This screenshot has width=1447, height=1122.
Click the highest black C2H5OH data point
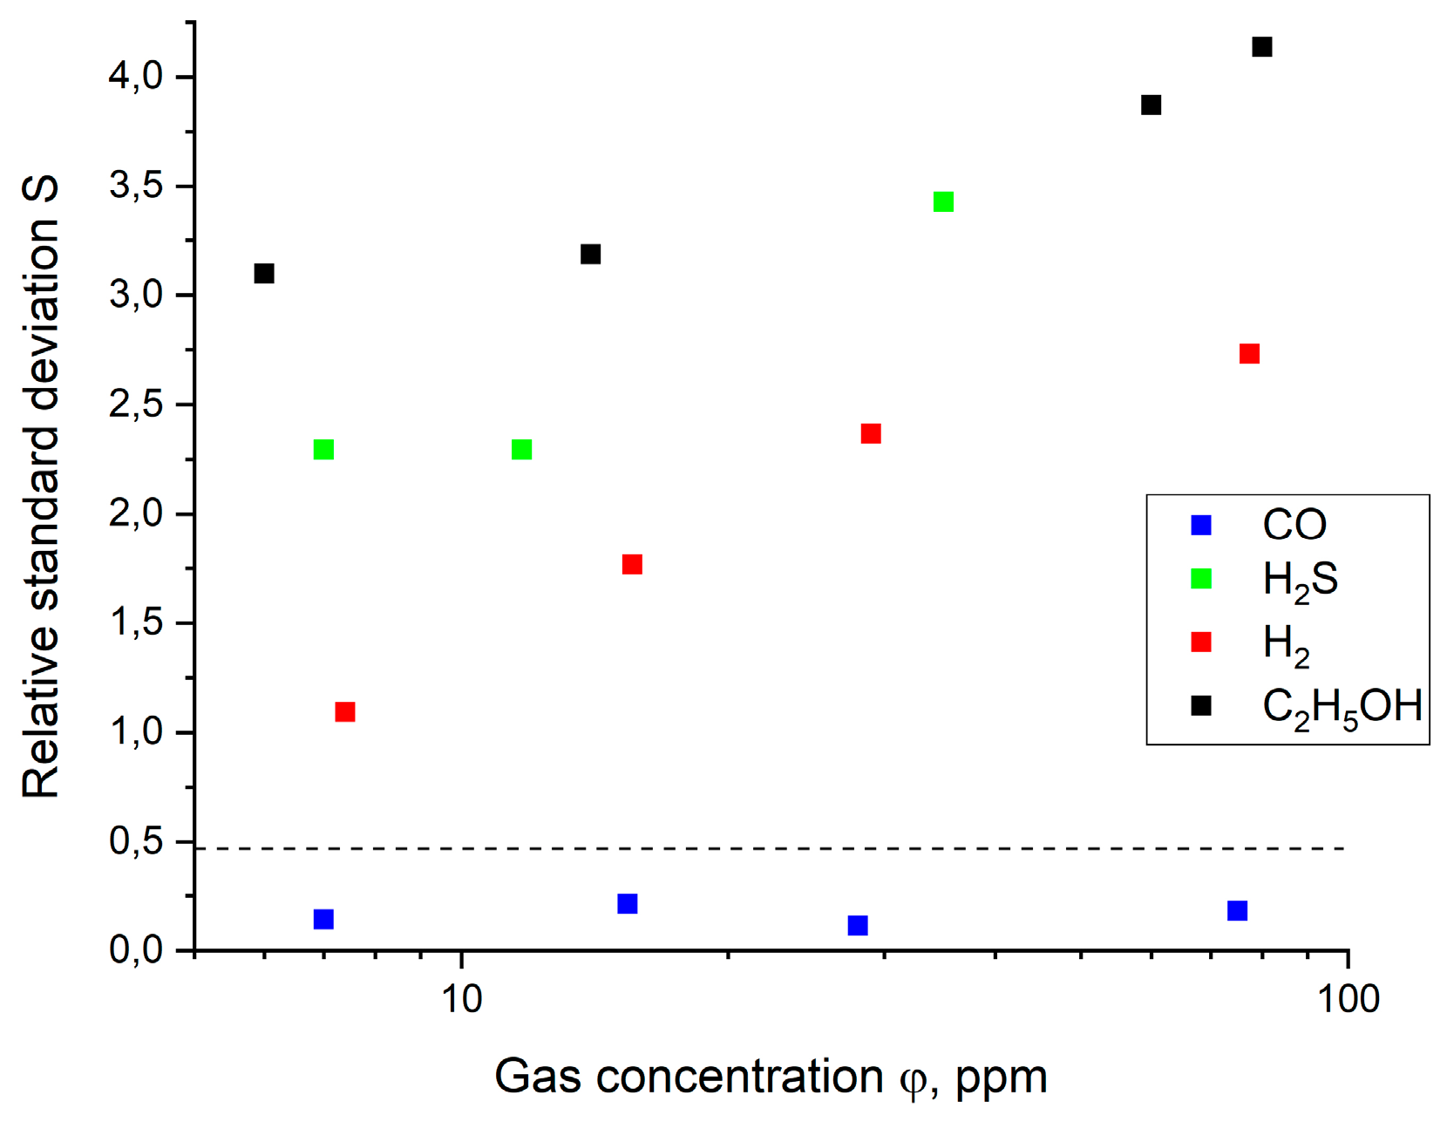tap(1261, 46)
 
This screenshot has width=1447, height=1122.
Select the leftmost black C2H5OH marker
tap(264, 274)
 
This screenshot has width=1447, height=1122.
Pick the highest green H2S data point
tap(943, 202)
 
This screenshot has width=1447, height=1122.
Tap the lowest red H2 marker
tap(345, 712)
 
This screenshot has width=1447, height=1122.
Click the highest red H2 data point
tap(1249, 354)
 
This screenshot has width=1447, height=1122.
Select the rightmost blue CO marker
tap(1237, 911)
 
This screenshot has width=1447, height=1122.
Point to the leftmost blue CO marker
tap(323, 919)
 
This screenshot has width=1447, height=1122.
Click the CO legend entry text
tap(1294, 525)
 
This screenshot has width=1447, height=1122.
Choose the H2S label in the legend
tap(1300, 580)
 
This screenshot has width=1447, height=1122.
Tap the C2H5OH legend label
tap(1342, 706)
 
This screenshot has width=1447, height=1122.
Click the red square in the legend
tap(1201, 643)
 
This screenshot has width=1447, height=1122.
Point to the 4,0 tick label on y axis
tap(136, 77)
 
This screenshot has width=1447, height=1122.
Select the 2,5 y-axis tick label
tap(136, 405)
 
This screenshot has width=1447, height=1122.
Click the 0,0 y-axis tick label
tap(136, 949)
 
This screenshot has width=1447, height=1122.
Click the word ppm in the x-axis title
tap(1001, 1078)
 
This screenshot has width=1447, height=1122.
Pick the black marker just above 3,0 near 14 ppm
tap(590, 255)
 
